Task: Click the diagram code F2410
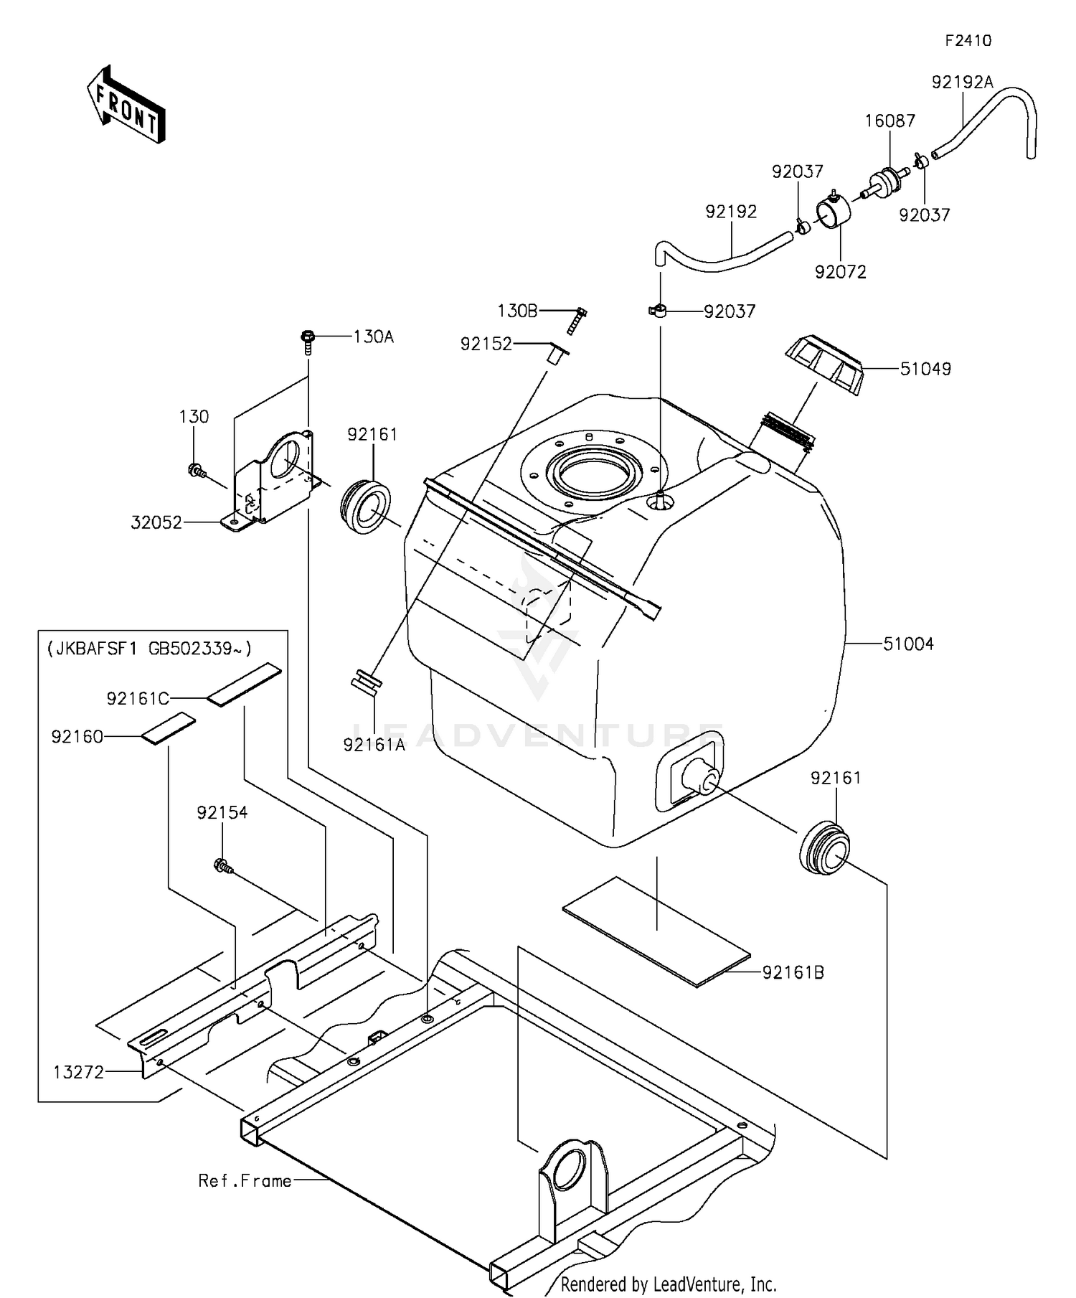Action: [967, 41]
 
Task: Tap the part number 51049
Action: [925, 369]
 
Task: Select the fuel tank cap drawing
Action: [826, 365]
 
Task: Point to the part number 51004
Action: [907, 644]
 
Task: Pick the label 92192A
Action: [962, 83]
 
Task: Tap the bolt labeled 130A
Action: [307, 341]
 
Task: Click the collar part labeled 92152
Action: [557, 355]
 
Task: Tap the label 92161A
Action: [374, 745]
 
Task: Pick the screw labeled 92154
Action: [223, 866]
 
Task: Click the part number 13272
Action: [79, 1072]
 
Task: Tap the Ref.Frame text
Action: [245, 1181]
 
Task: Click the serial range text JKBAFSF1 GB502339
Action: [149, 649]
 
